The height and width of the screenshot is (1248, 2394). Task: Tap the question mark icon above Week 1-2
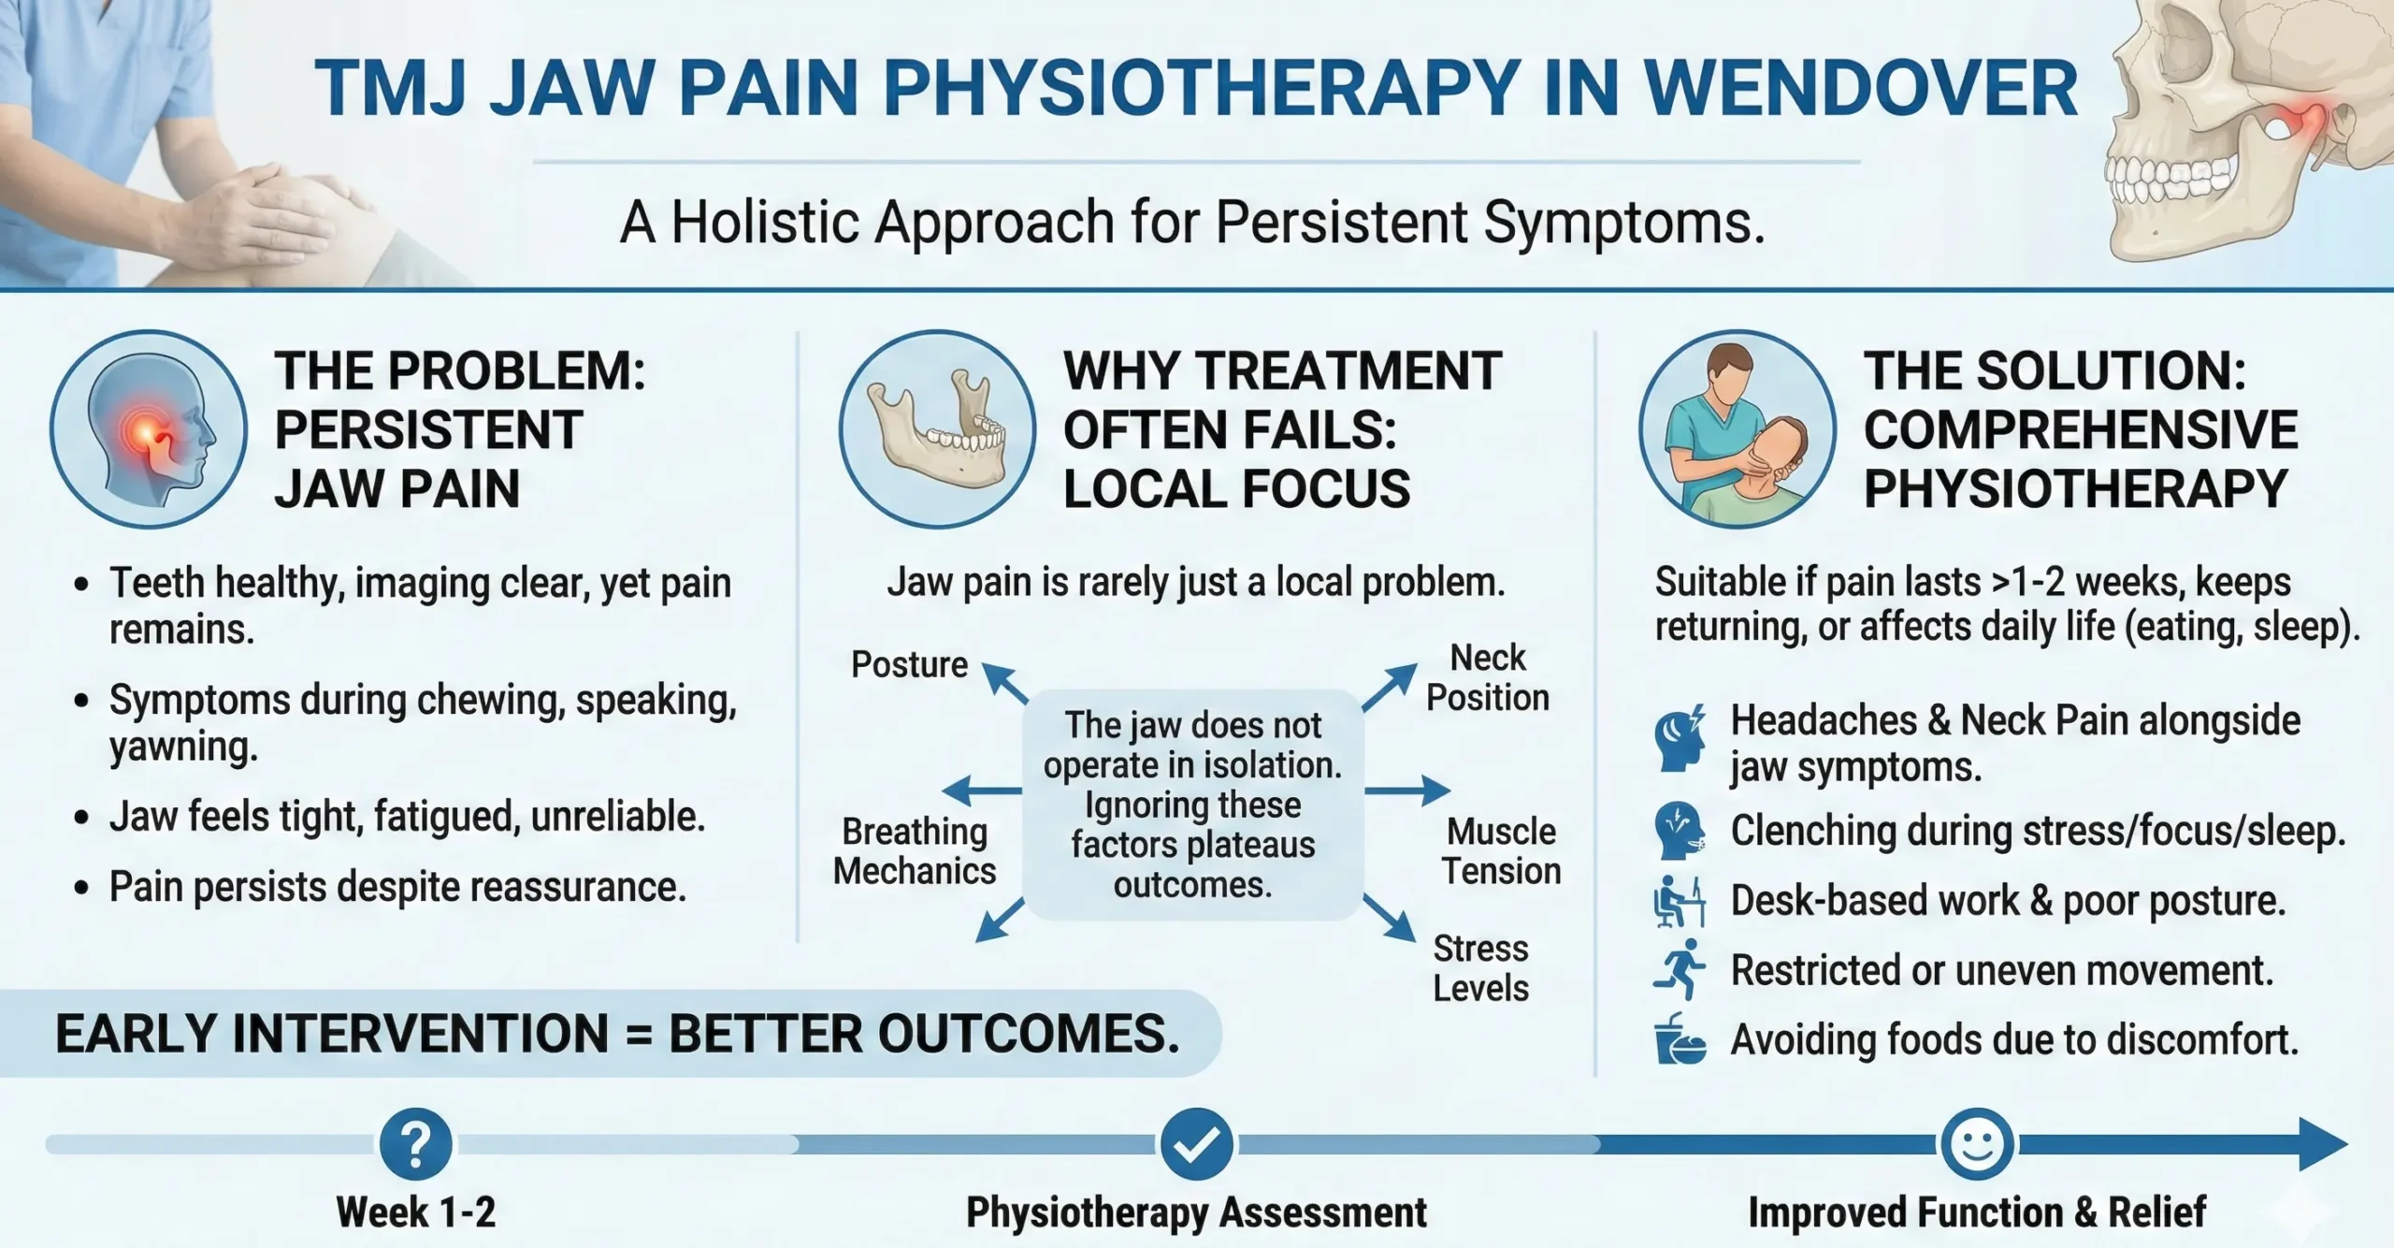coord(416,1143)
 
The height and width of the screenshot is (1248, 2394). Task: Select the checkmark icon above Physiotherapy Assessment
coord(1196,1143)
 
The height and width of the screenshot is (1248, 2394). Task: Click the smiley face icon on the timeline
coord(1977,1143)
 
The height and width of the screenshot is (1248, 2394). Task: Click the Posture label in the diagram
coord(909,664)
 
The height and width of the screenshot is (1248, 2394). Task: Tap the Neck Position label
coord(1487,678)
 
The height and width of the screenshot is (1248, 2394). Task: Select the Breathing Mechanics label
coord(914,851)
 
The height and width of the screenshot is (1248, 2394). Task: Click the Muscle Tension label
coord(1501,851)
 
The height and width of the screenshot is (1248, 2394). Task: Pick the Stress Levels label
coord(1480,968)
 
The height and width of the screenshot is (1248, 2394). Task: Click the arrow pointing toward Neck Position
coord(1390,687)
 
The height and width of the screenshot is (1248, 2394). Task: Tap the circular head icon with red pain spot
coord(149,429)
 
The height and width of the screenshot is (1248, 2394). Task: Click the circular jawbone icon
coord(937,429)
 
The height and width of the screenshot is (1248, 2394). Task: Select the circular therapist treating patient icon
coord(1737,429)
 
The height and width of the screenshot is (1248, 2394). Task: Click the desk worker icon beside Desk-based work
coord(1680,902)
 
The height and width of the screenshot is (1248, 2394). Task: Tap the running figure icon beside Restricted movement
coord(1680,970)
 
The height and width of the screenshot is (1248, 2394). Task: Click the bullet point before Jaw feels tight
coord(82,818)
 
